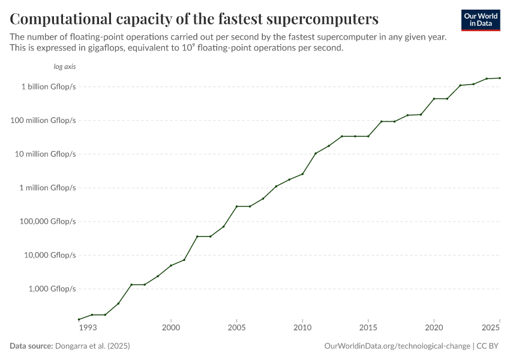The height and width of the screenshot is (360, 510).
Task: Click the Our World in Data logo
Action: click(480, 20)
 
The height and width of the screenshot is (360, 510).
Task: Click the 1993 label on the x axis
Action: click(87, 328)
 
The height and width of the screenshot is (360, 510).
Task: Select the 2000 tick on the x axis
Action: click(171, 328)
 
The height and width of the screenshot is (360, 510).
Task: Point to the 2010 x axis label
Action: click(302, 328)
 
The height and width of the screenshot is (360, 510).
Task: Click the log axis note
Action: click(65, 67)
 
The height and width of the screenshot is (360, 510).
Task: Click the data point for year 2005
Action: click(237, 206)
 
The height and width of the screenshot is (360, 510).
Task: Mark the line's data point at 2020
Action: click(434, 98)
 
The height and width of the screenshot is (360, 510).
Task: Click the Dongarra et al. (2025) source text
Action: click(92, 346)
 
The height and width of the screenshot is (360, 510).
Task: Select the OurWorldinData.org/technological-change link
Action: click(397, 346)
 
